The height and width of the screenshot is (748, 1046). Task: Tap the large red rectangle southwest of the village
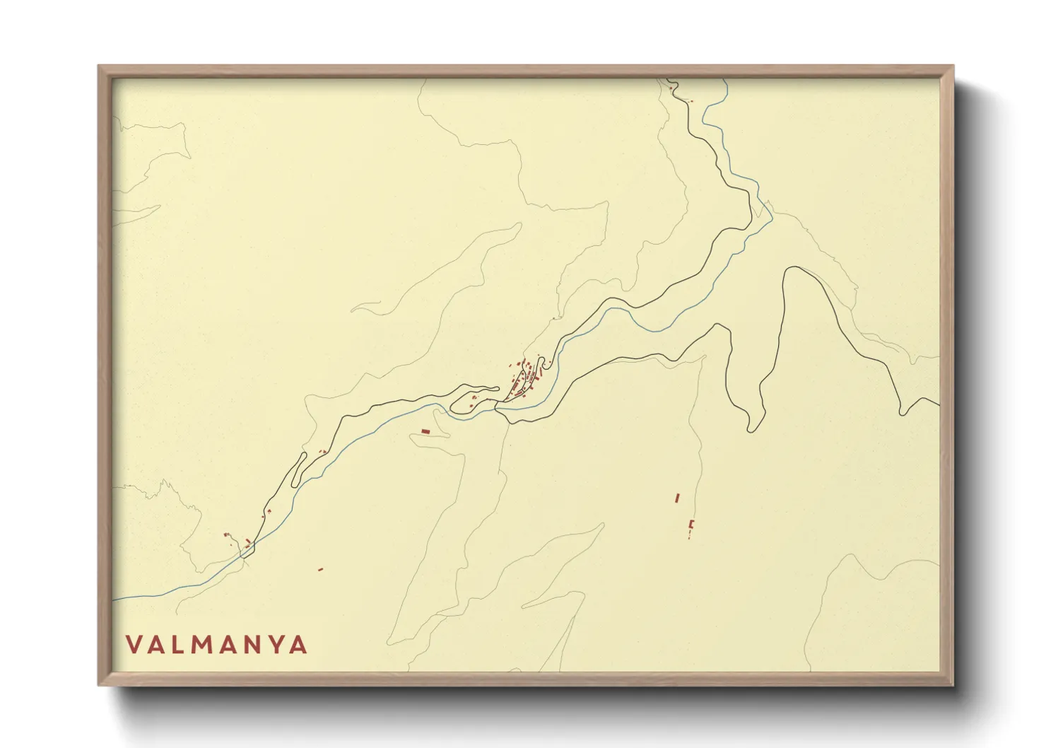tap(425, 431)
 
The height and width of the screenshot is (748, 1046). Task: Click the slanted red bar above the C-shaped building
tap(677, 498)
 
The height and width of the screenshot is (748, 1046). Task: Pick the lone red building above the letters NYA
tap(320, 568)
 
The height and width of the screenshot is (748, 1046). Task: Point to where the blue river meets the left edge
tap(114, 600)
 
